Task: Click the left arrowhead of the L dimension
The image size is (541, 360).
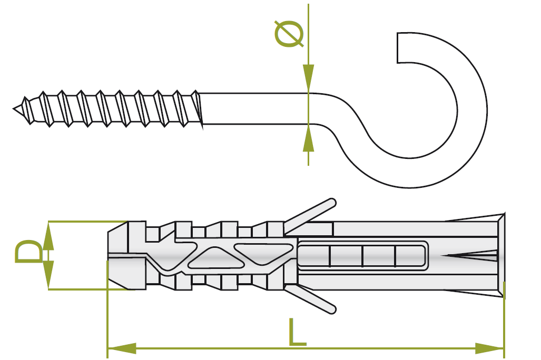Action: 121,348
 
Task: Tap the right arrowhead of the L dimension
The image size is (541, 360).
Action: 490,348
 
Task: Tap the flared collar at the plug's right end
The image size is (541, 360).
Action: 500,255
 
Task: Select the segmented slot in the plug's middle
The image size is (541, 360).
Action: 362,256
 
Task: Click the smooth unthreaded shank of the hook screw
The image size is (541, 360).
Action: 253,108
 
